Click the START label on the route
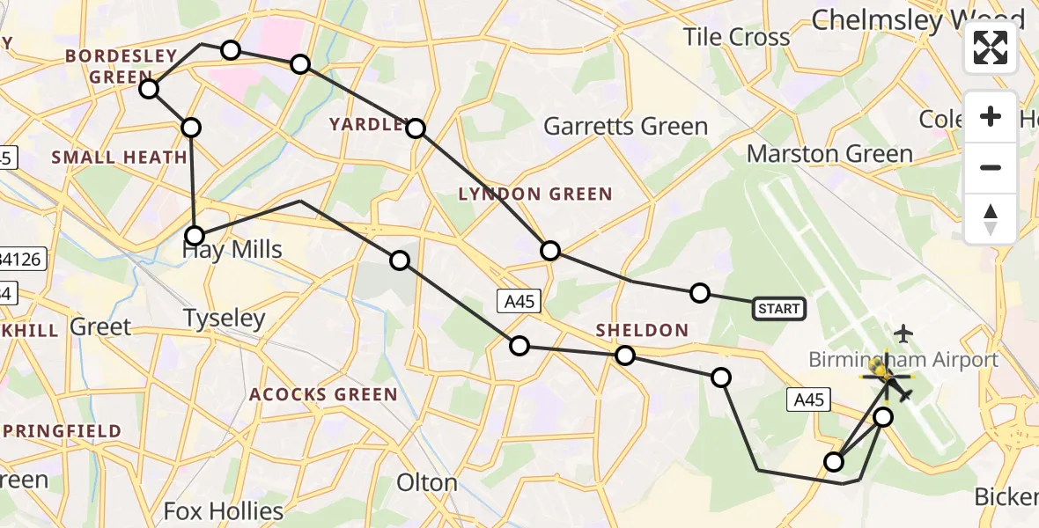(779, 308)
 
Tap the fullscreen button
(991, 48)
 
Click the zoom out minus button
(991, 167)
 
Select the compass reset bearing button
(991, 219)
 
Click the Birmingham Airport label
(903, 359)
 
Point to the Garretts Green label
(625, 127)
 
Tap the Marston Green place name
(829, 154)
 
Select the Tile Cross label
(737, 37)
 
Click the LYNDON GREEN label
(534, 194)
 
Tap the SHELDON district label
(642, 330)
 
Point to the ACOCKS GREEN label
(323, 394)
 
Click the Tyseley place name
(225, 318)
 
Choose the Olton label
(427, 483)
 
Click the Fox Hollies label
(224, 511)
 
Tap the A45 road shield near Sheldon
(519, 300)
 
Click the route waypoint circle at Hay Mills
(195, 236)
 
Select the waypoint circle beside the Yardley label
(416, 129)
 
